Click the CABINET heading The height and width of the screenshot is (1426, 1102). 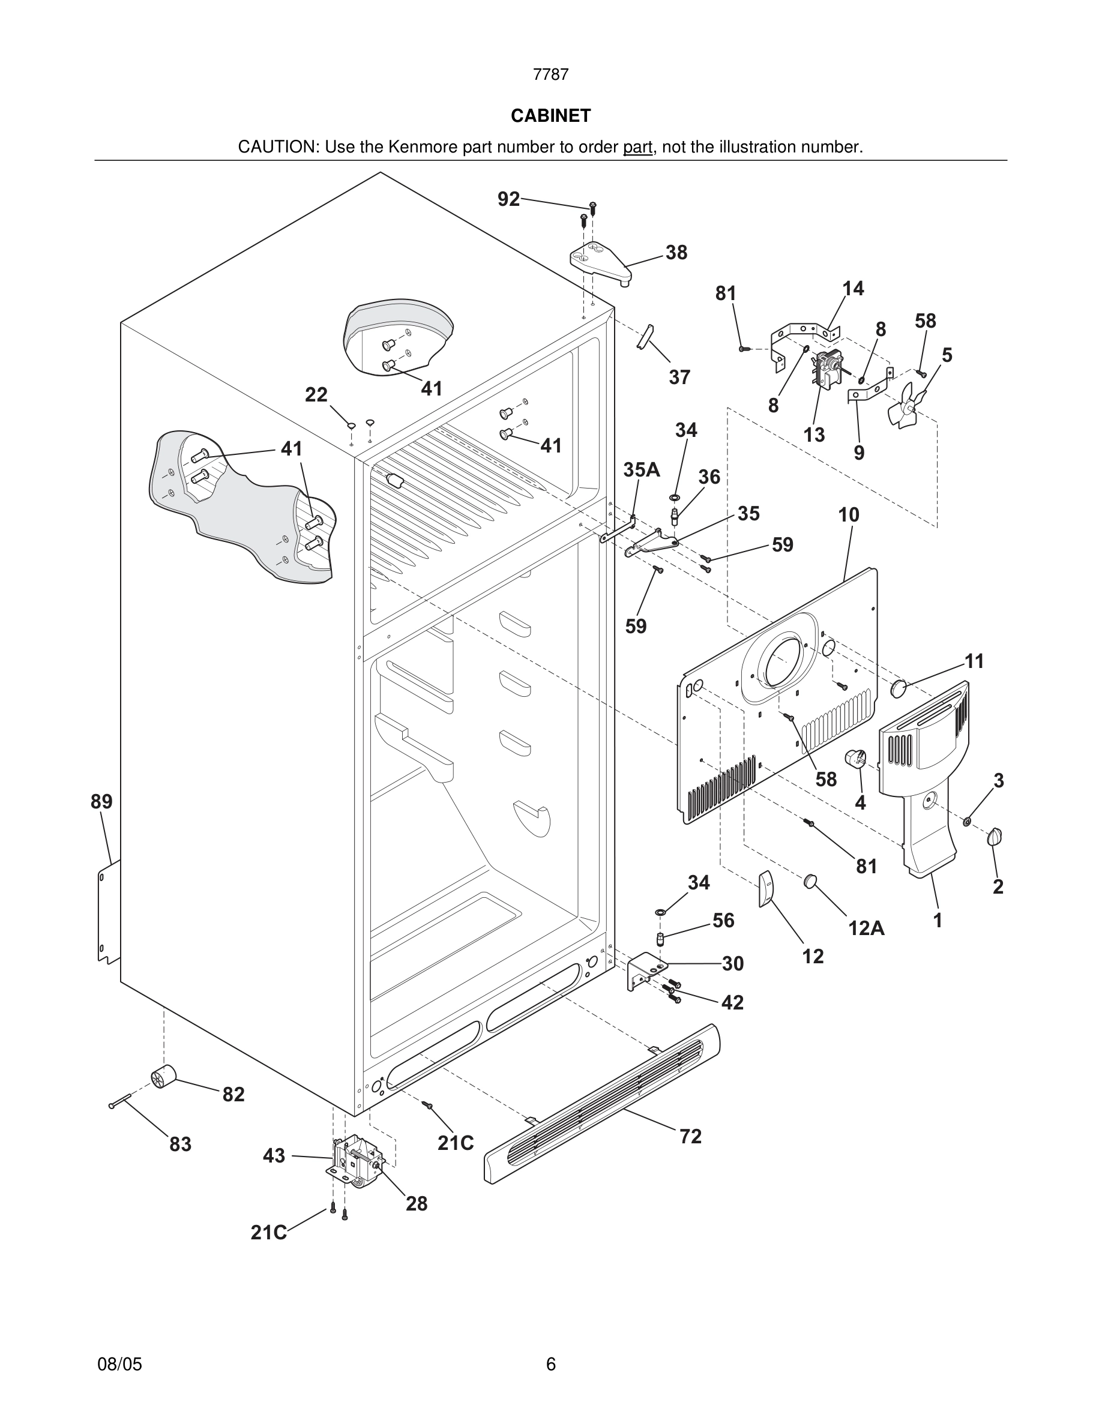point(550,116)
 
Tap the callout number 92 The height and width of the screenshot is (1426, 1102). point(508,199)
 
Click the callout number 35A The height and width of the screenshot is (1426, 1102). point(641,469)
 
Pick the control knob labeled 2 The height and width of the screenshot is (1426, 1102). point(996,837)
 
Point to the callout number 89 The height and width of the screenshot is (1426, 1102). point(101,801)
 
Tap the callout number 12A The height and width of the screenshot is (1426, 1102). point(866,927)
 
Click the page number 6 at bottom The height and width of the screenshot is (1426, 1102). point(550,1364)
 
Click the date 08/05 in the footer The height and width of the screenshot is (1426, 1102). point(119,1364)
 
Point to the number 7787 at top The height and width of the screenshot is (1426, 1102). point(550,74)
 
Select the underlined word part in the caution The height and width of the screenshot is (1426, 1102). point(637,147)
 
